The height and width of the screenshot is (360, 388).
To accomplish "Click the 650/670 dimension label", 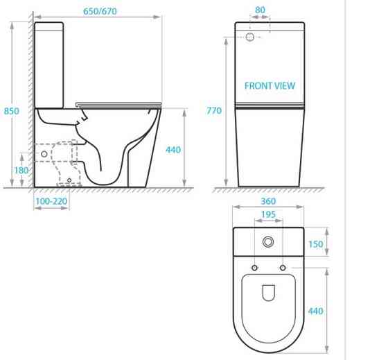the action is [x=100, y=11].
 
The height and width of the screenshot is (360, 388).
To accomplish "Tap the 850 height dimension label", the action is [x=11, y=111].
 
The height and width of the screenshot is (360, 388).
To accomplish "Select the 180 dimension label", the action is [x=21, y=170].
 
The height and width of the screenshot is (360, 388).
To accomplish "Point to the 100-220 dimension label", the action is [x=51, y=201].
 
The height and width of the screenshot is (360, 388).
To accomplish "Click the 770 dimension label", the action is [x=214, y=110].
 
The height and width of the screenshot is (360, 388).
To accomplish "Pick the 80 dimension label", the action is [x=260, y=10].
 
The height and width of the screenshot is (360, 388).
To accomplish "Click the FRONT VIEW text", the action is [x=270, y=86].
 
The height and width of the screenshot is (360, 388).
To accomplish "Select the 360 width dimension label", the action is [x=268, y=201].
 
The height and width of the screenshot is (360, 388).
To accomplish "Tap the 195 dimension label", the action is [x=269, y=214].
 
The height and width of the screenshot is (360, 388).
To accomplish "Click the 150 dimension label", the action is [x=315, y=244].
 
